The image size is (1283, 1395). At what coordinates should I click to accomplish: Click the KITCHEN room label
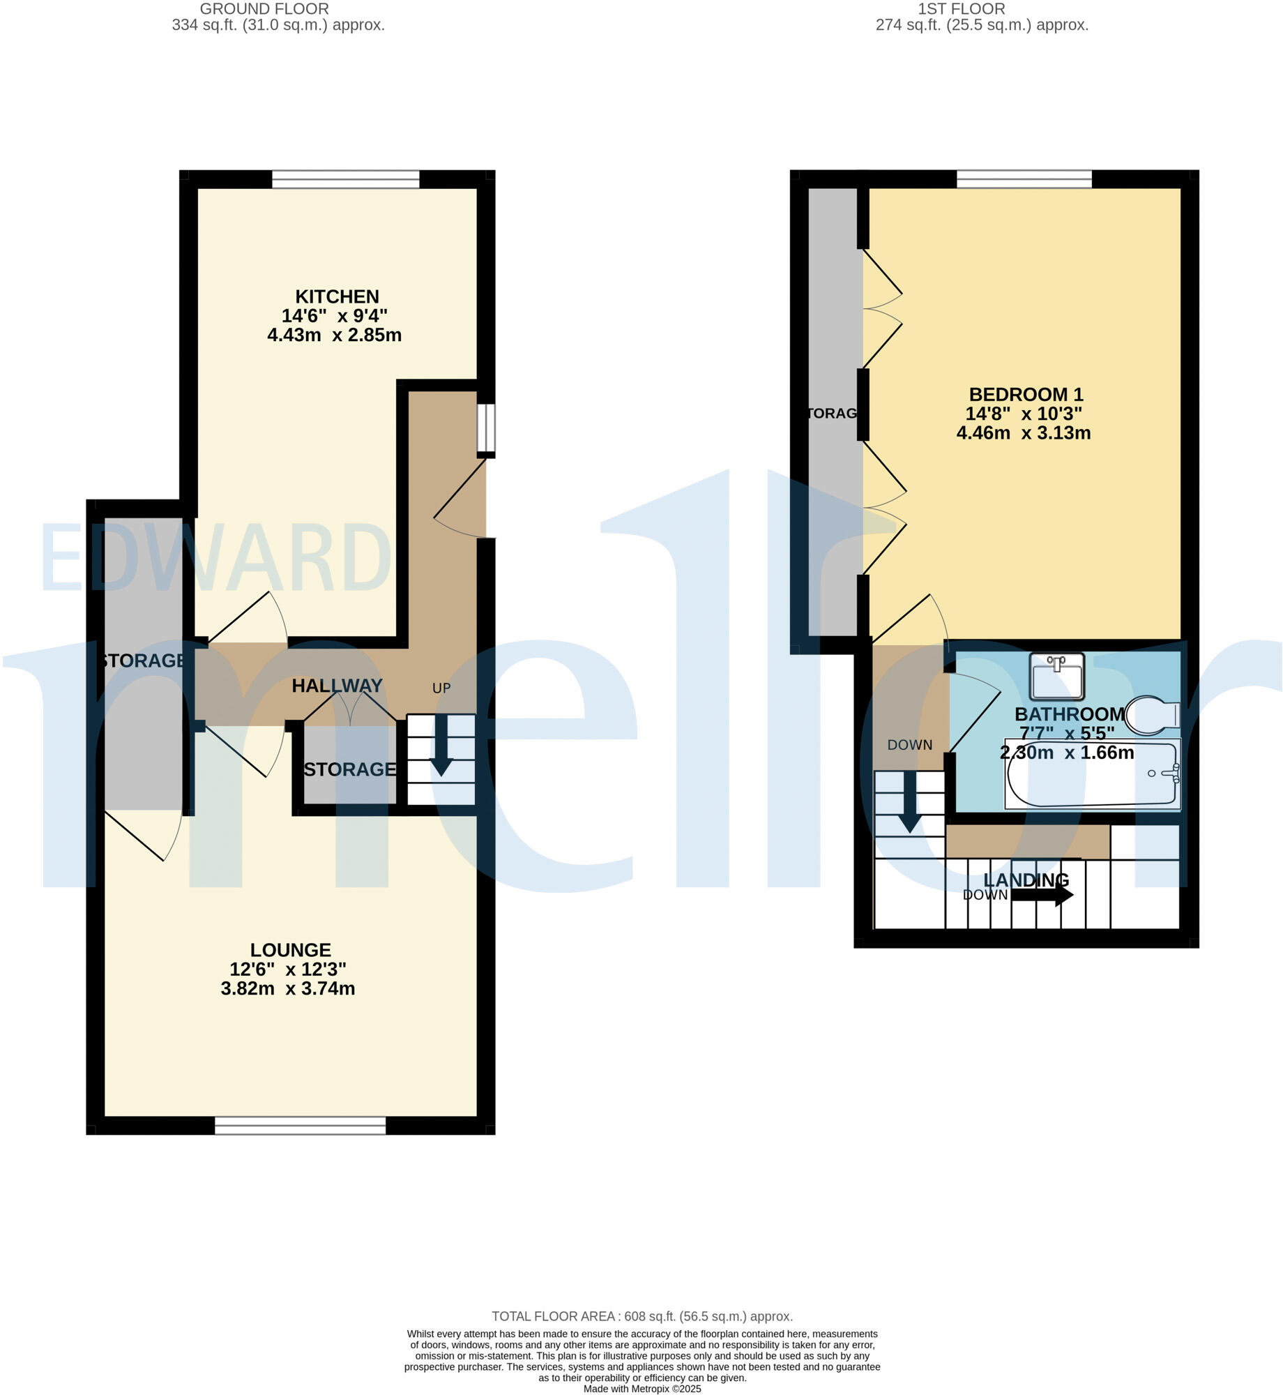click(x=337, y=296)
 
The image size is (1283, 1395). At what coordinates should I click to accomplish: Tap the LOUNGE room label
click(x=290, y=950)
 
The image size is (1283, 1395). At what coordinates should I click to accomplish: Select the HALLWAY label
click(x=337, y=686)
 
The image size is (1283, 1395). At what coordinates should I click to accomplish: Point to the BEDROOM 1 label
click(x=1026, y=395)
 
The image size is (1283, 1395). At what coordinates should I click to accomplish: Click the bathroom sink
click(x=1056, y=676)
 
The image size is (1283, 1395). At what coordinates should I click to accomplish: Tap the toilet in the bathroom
click(x=1151, y=715)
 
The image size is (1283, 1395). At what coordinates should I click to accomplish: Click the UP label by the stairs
click(x=441, y=688)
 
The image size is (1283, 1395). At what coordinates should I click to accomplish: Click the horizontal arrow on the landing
click(x=1042, y=895)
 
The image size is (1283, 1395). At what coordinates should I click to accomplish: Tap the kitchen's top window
click(x=346, y=180)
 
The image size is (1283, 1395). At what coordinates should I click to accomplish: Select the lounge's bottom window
click(x=300, y=1125)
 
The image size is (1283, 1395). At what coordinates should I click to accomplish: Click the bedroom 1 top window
click(x=1024, y=179)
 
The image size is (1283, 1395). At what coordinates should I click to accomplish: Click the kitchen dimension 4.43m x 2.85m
click(x=334, y=335)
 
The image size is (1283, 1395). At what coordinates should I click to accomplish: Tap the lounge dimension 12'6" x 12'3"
click(x=288, y=970)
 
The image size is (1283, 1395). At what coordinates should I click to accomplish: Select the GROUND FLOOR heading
click(x=264, y=9)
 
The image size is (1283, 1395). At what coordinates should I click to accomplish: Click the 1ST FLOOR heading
click(x=961, y=9)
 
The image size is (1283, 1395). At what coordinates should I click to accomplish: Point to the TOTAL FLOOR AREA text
click(x=641, y=1317)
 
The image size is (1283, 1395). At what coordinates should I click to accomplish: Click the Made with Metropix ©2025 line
click(x=641, y=1389)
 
